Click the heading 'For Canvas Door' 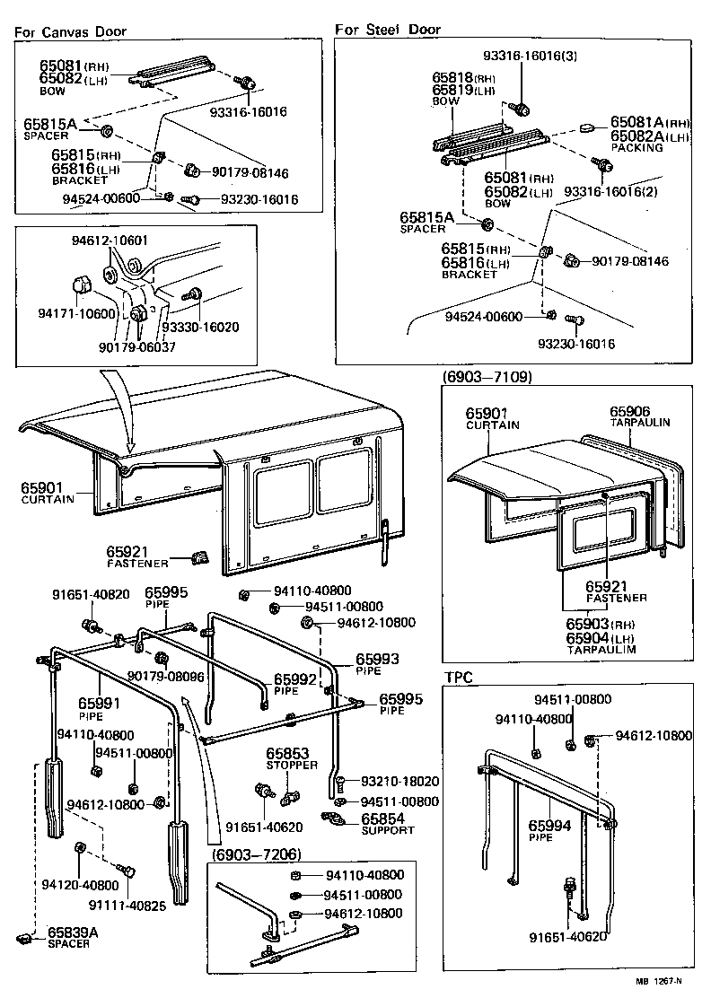71,31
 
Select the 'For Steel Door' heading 388,30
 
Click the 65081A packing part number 636,121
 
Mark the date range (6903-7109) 487,377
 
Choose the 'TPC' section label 458,676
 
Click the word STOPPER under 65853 291,765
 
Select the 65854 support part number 383,819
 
